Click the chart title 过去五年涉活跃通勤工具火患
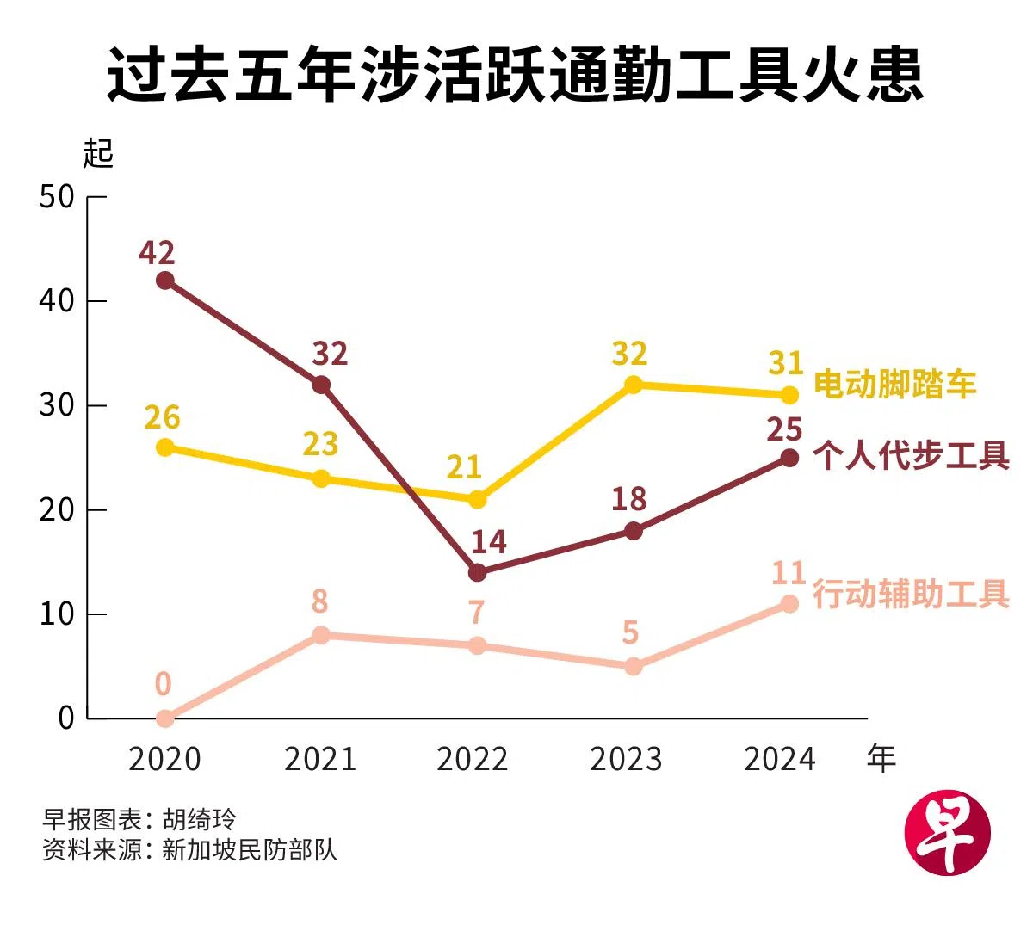[516, 75]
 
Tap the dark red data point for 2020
[165, 281]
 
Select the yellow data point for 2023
[633, 385]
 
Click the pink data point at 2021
[321, 635]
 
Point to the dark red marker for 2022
[477, 572]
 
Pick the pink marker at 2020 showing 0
[165, 718]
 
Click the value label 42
[157, 253]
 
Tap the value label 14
[488, 542]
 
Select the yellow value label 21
[464, 467]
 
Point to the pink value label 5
[630, 633]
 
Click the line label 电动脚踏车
[895, 385]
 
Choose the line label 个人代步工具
[911, 456]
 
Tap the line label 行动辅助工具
[911, 595]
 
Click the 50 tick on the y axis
[57, 197]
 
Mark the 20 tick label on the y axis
[57, 510]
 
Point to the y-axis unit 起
[98, 154]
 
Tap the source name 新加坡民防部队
[250, 850]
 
